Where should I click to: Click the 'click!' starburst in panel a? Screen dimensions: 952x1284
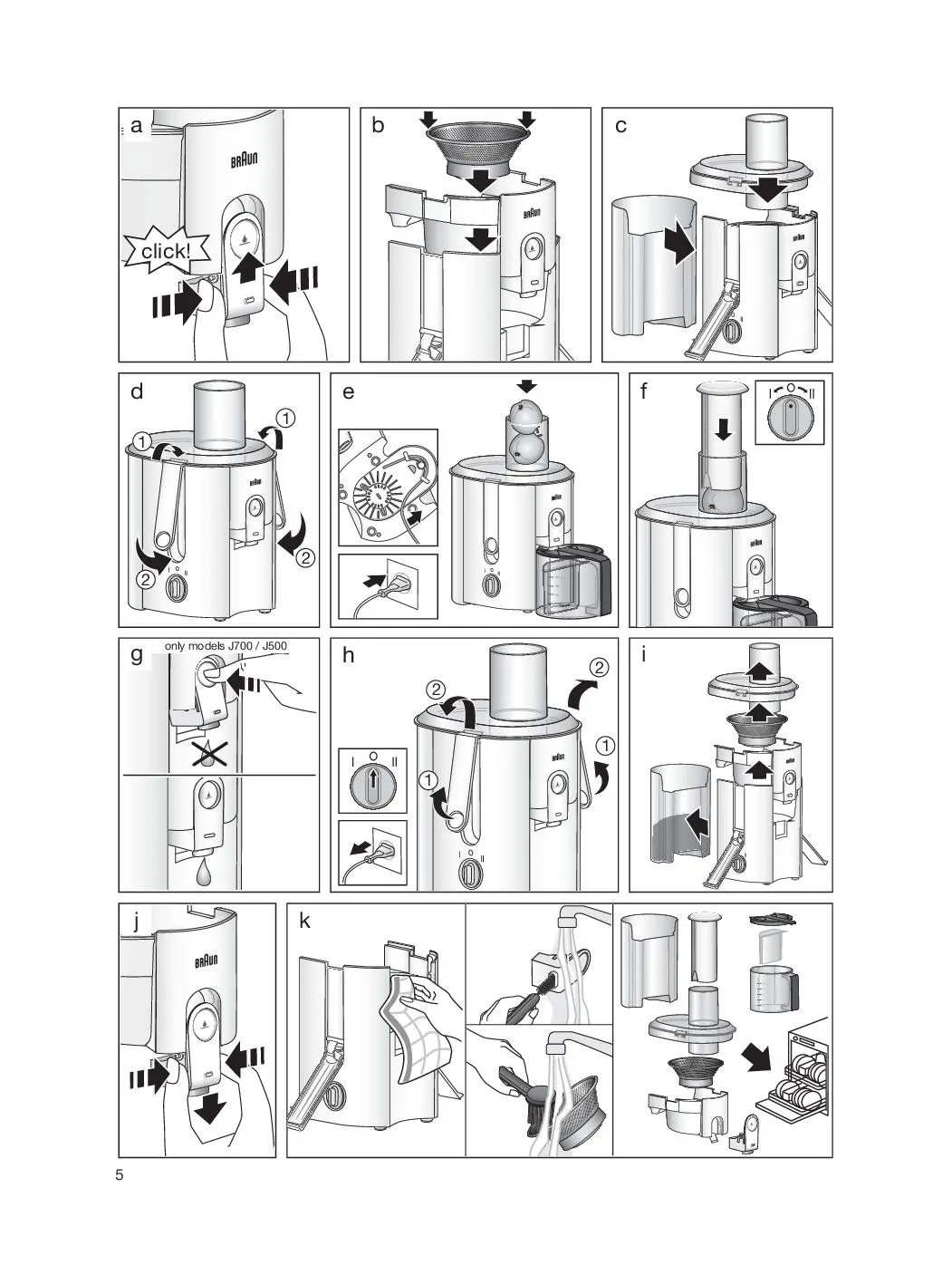(x=166, y=251)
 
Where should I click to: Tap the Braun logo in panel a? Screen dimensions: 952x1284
(x=245, y=159)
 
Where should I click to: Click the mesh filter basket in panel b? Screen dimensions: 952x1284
(x=478, y=149)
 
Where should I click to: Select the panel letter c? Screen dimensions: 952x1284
(x=620, y=126)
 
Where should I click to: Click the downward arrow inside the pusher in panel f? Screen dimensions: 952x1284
(x=723, y=429)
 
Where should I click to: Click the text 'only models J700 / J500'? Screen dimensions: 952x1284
(x=226, y=646)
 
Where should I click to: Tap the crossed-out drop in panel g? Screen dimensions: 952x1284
(x=209, y=756)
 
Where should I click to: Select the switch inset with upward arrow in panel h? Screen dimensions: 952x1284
(x=372, y=781)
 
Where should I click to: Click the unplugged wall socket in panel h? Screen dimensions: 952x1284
(x=384, y=849)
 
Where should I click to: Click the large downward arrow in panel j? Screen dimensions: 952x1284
(x=210, y=1109)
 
